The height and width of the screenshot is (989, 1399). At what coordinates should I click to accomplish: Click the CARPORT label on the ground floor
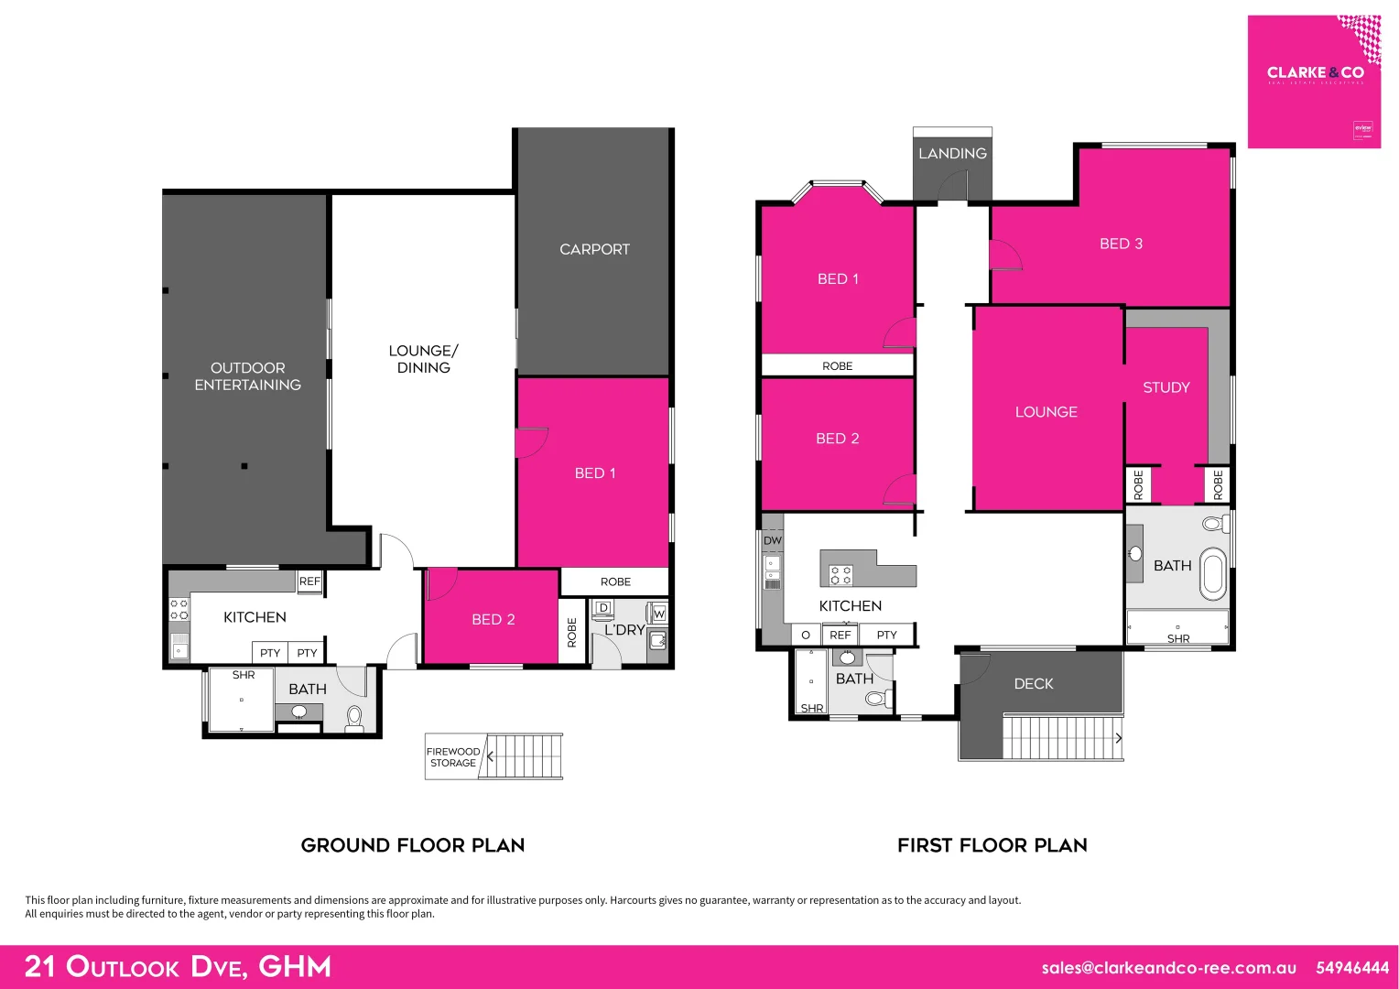594,249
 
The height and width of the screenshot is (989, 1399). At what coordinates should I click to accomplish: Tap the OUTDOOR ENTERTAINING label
247,376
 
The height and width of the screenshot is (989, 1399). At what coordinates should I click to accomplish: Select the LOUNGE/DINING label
423,359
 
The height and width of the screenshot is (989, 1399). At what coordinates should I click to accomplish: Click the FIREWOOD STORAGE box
453,757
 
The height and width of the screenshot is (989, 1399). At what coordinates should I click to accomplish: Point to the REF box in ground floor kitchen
309,581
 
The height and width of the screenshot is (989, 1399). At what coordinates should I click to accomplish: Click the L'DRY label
624,630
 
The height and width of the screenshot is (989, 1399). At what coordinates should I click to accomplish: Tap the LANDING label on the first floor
952,154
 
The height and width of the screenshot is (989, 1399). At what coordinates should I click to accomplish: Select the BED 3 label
1121,244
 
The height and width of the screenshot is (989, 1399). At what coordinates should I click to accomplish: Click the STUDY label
1166,387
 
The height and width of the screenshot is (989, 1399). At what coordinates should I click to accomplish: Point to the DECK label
1033,684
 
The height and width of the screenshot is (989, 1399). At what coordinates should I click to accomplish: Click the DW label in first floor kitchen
773,540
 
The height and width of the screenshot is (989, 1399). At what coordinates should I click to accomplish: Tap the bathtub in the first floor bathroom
1212,574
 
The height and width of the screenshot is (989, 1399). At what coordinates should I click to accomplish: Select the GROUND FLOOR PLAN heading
413,845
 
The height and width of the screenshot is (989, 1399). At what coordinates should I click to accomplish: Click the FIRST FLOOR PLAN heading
992,845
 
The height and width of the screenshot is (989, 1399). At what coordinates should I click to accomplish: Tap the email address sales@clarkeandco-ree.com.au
1168,968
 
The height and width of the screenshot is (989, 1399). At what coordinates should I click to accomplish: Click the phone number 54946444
1351,968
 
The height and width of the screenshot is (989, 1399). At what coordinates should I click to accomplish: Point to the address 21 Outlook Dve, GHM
178,967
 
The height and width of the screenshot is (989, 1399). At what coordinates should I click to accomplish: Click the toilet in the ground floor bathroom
354,717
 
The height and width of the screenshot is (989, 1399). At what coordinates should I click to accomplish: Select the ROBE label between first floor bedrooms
837,366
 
